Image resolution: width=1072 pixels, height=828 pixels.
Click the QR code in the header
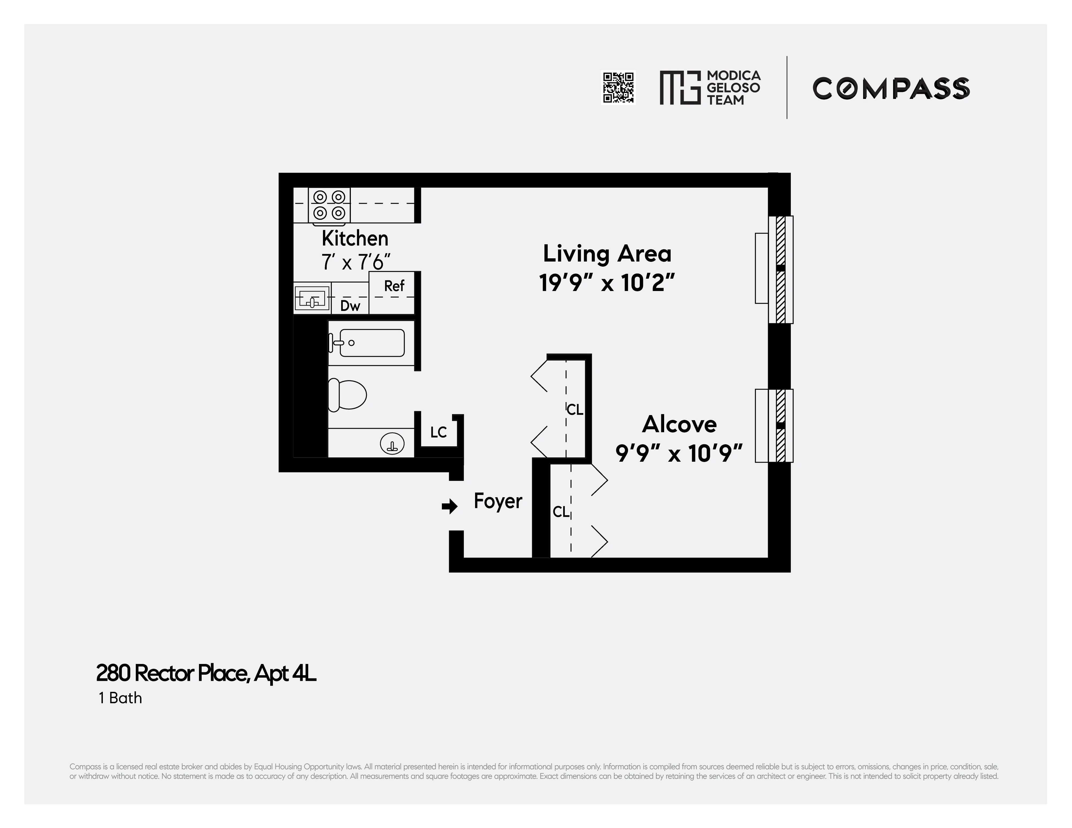(618, 88)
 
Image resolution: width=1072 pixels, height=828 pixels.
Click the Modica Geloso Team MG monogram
(679, 88)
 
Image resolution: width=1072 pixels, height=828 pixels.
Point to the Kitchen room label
(355, 239)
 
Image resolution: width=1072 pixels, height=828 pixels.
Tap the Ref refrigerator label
(394, 286)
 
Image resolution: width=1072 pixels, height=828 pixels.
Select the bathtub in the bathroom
(371, 343)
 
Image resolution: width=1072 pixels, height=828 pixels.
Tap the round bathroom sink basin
(392, 445)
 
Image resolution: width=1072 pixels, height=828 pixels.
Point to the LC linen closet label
(438, 432)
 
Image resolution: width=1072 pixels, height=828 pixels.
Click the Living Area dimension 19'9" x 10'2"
(607, 283)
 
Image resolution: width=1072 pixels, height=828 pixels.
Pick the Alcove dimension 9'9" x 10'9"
(679, 453)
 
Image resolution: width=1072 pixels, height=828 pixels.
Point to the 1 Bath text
(120, 698)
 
